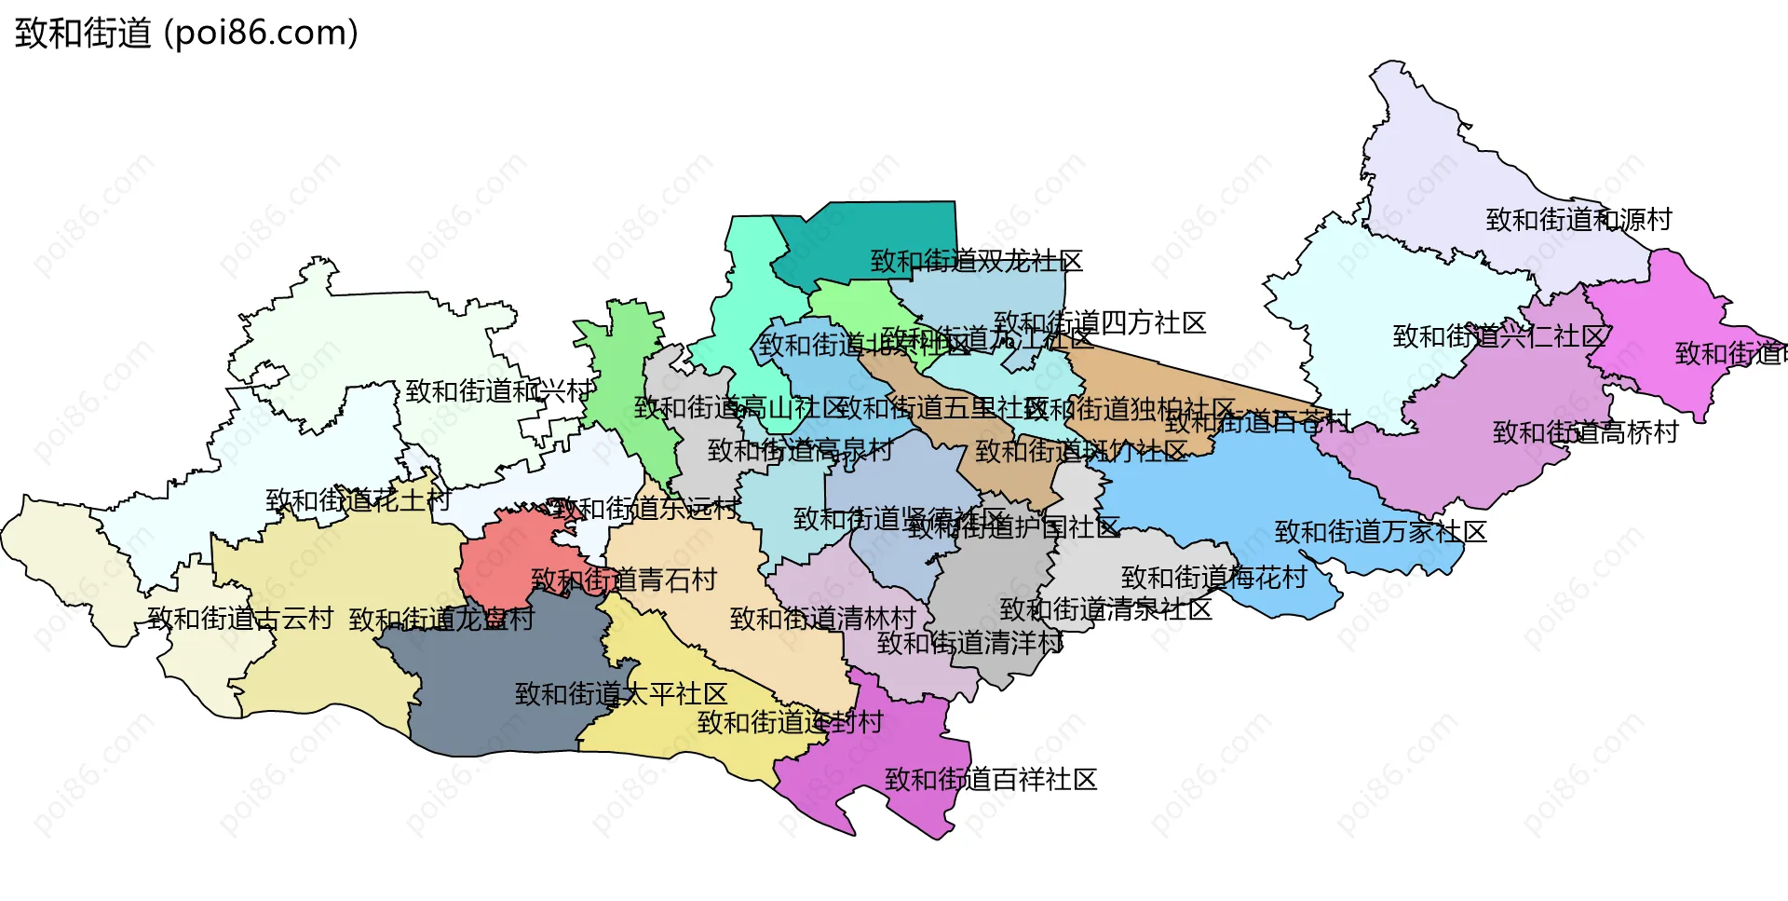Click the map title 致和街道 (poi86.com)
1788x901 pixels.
point(186,34)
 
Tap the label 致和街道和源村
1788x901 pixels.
point(1578,220)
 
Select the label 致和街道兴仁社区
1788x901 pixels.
point(1499,336)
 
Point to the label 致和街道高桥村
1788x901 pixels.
point(1585,432)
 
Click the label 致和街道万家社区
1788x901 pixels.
point(1380,532)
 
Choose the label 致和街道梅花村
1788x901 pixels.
point(1213,578)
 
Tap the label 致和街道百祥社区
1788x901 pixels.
point(990,779)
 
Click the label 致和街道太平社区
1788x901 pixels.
point(621,694)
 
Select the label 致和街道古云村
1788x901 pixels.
point(240,619)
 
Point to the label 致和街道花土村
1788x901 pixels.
point(359,500)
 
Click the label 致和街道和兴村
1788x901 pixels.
point(498,391)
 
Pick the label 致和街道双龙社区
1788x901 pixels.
point(976,261)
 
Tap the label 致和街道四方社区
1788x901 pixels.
point(1100,323)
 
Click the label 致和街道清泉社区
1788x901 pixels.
point(1105,609)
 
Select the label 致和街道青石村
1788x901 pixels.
point(624,580)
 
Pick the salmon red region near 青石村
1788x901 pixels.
point(503,559)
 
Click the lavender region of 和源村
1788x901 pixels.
point(1453,158)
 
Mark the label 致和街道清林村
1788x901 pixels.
point(822,619)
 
